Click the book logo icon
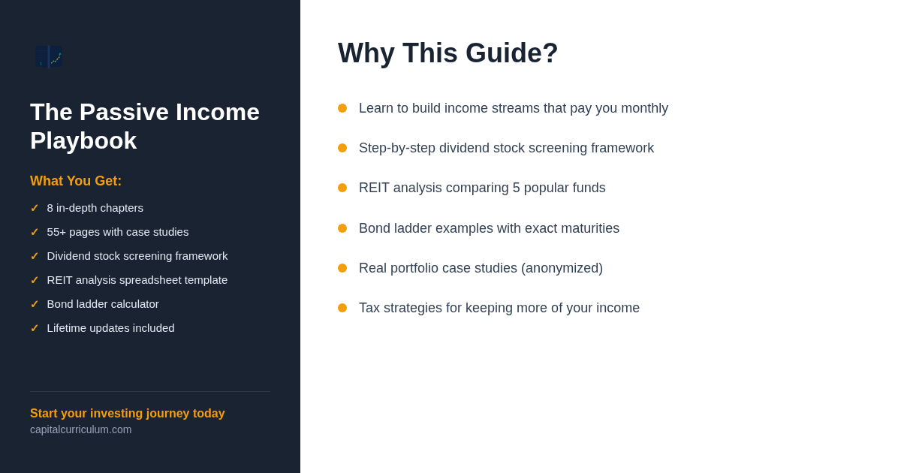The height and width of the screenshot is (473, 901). click(x=49, y=57)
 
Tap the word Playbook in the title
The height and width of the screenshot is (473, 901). click(x=83, y=141)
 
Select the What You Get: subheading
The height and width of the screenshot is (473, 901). click(x=76, y=181)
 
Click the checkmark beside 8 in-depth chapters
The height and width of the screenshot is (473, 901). click(x=35, y=208)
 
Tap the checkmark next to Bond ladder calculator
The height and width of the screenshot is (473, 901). click(x=35, y=304)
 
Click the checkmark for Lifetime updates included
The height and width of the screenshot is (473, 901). click(x=35, y=328)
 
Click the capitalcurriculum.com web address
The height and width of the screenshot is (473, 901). click(x=81, y=429)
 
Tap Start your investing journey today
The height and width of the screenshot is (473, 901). click(x=128, y=413)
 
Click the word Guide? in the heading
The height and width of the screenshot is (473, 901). click(x=511, y=53)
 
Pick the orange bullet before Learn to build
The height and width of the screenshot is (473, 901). click(x=342, y=108)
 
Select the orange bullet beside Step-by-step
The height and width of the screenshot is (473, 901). click(x=342, y=148)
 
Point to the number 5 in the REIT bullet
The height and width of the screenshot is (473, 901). click(x=516, y=188)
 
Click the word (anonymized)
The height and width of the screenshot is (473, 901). click(x=562, y=268)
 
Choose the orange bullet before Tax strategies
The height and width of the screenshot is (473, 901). click(x=342, y=308)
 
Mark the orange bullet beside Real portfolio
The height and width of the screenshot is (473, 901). click(x=342, y=268)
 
